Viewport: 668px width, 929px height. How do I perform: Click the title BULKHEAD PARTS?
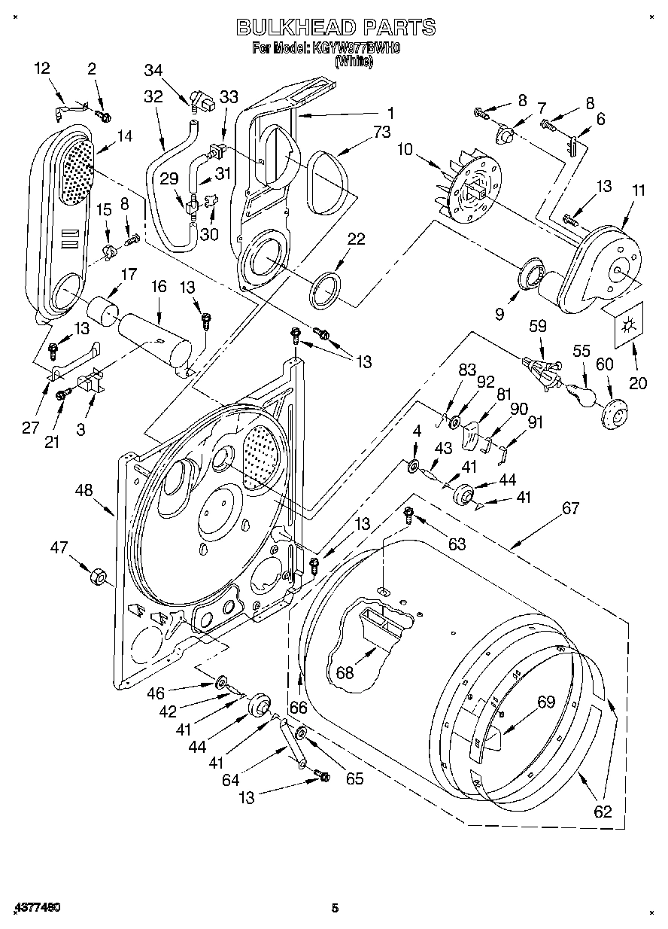336,28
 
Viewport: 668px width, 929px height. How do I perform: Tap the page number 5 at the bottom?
336,909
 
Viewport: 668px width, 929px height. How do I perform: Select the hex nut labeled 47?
97,577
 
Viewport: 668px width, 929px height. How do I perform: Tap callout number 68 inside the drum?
344,672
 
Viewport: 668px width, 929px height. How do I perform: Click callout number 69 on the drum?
545,702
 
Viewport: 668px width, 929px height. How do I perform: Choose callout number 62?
602,812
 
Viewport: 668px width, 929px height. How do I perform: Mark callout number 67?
570,508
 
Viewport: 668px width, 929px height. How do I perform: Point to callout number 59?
537,327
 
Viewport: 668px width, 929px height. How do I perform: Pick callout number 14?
124,136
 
